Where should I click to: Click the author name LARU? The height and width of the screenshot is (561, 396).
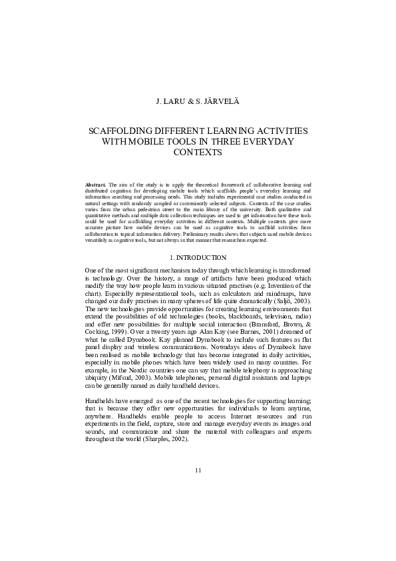174,103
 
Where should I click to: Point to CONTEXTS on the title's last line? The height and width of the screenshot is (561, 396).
197,153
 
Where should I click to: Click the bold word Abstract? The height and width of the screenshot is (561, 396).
97,183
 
